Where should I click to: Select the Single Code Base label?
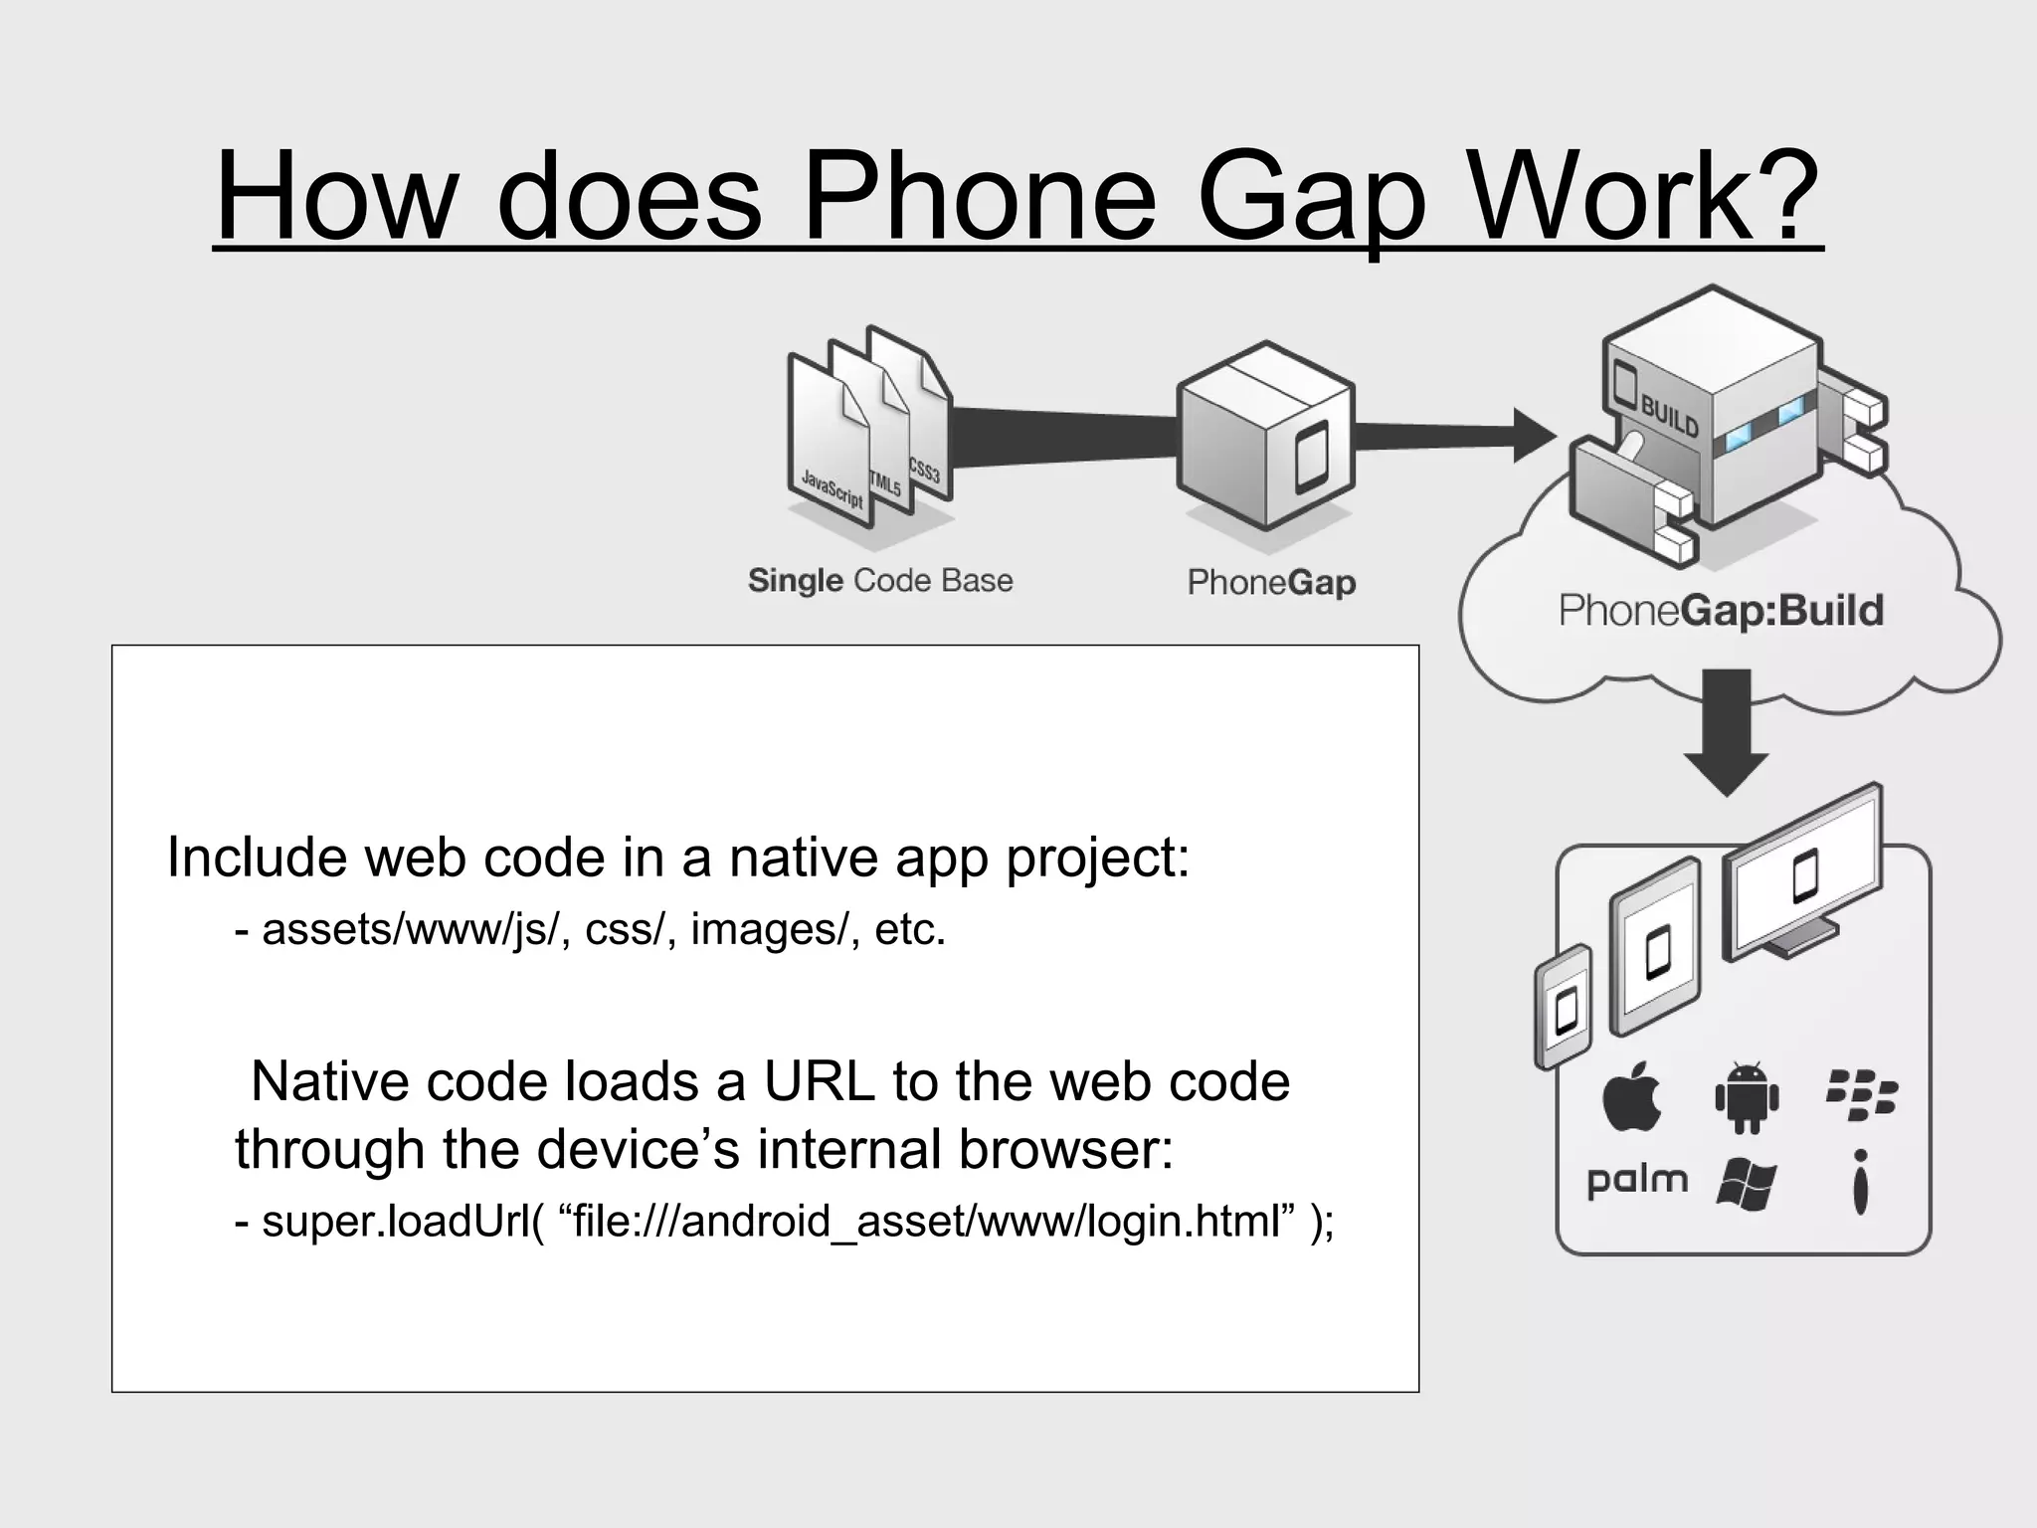point(880,580)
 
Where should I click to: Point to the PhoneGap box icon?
point(1265,438)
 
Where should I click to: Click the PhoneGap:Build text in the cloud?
point(1721,610)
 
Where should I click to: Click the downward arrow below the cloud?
point(1726,731)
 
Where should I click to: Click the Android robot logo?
point(1747,1097)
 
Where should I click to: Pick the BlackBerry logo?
point(1861,1095)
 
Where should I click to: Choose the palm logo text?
point(1637,1181)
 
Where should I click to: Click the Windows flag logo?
point(1746,1184)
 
